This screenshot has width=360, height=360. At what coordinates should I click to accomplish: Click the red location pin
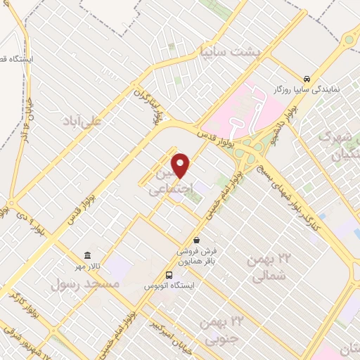pos(181,165)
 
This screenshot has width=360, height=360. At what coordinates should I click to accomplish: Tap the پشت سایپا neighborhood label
pos(230,52)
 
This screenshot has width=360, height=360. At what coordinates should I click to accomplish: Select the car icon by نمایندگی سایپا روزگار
pos(307,79)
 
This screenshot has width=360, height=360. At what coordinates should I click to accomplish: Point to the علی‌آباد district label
pos(102,120)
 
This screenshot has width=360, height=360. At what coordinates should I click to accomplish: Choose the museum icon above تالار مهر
pos(86,255)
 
